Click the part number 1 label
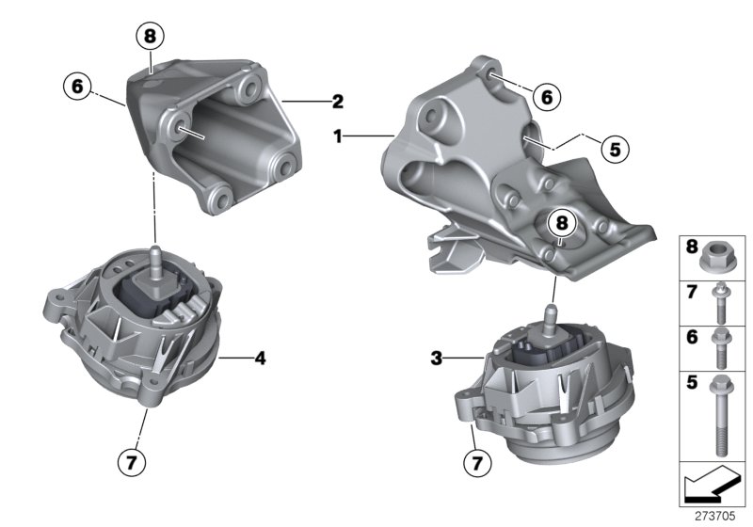coord(338,136)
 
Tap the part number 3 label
coord(436,358)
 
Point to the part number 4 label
coord(260,358)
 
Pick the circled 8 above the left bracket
coord(149,37)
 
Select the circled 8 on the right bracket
coord(562,222)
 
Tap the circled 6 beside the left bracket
coord(78,88)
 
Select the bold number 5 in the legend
coord(692,383)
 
